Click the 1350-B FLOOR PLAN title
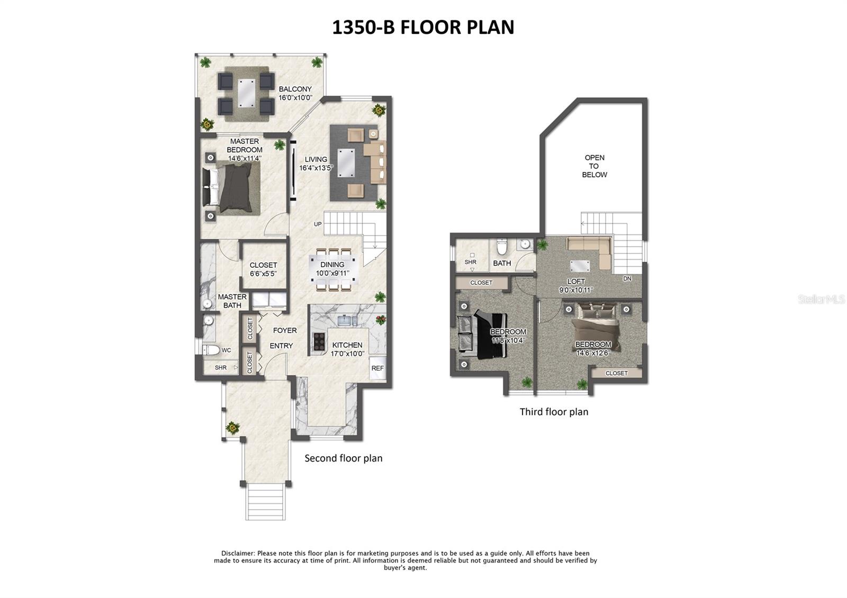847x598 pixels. tap(423, 27)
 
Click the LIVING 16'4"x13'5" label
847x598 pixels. tap(316, 164)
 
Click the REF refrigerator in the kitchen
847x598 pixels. tap(377, 368)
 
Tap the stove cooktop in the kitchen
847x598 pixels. tap(320, 341)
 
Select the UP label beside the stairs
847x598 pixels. tap(318, 224)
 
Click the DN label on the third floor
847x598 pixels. tap(627, 278)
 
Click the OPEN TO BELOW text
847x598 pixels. tap(594, 166)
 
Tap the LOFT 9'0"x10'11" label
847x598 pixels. tap(576, 286)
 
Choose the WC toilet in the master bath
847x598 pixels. tap(212, 350)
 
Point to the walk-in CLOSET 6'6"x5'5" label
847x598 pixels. tap(263, 269)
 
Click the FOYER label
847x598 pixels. tap(285, 330)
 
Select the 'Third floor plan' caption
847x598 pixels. tap(554, 412)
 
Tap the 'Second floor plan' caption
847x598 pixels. tap(343, 458)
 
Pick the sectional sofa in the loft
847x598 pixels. tap(590, 249)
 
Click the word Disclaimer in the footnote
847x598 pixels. tap(238, 553)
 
